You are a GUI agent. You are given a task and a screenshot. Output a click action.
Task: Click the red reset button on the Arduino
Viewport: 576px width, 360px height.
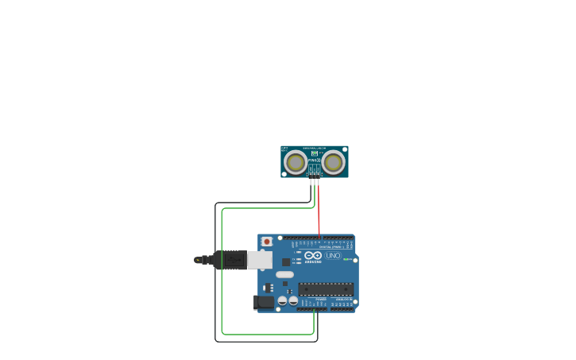pos(267,242)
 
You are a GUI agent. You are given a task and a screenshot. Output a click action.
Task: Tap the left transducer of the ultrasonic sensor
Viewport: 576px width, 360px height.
pos(296,162)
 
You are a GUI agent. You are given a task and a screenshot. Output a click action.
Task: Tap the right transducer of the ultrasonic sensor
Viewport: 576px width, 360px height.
pos(333,162)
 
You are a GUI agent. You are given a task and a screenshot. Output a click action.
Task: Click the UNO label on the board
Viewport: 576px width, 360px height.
pos(333,255)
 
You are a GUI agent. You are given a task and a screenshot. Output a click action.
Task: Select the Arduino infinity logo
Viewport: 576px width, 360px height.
pos(313,255)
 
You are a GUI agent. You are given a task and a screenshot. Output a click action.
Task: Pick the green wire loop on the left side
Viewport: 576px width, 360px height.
pos(222,270)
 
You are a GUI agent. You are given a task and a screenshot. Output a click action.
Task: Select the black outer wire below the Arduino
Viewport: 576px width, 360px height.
pos(266,342)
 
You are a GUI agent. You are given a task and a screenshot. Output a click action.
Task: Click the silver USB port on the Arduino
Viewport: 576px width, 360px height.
pos(260,260)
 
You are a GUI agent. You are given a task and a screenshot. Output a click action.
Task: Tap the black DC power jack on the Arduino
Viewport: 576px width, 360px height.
pos(263,302)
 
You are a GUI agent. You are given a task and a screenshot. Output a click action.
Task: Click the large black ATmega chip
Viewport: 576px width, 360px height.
pos(326,289)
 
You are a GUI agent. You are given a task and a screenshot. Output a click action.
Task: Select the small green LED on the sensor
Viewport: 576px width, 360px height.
pos(314,153)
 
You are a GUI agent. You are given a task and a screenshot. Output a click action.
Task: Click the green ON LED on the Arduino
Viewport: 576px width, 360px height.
pos(346,259)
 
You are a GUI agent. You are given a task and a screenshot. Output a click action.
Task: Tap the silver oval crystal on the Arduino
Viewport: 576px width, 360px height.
pos(284,274)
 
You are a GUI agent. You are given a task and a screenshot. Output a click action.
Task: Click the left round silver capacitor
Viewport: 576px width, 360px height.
pos(282,300)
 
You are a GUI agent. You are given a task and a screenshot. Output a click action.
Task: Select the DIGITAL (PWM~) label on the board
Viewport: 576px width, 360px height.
pos(331,247)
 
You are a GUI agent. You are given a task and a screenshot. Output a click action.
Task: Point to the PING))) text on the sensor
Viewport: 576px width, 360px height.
pos(313,161)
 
